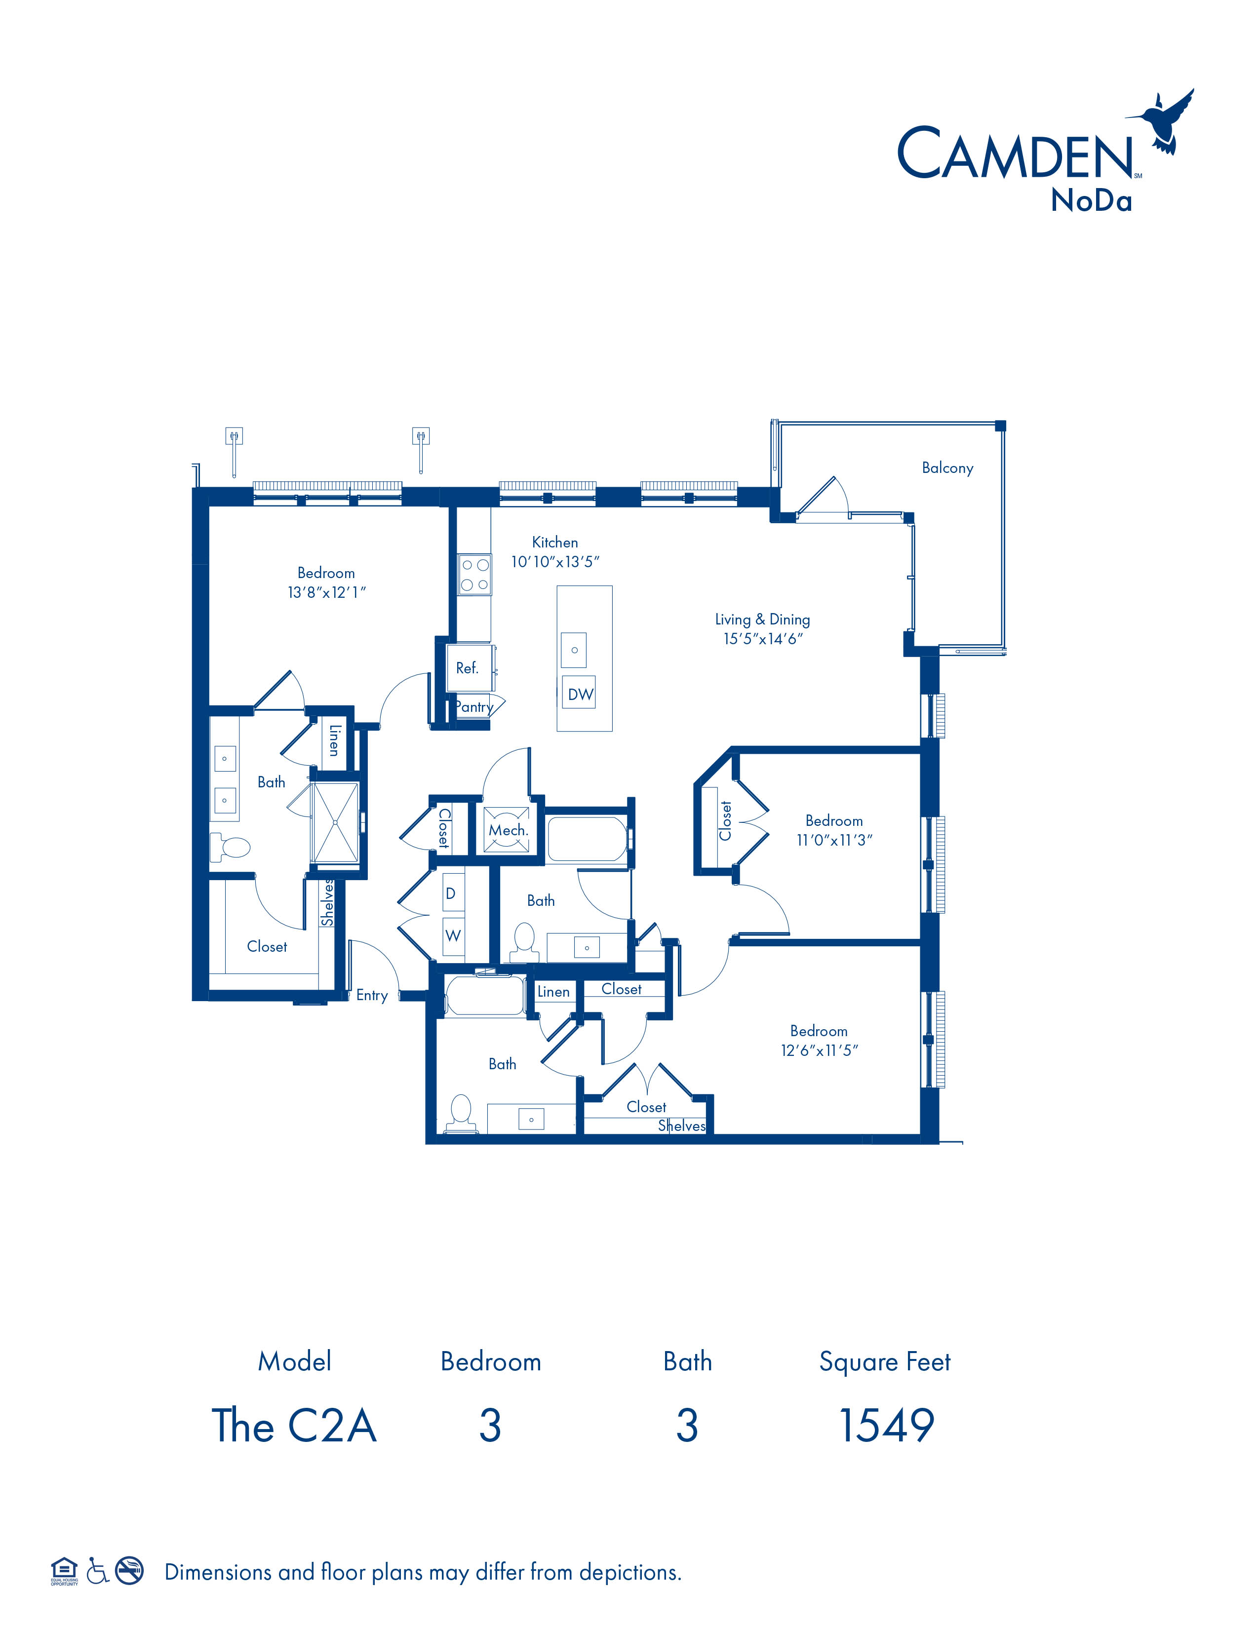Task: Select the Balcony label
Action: (947, 467)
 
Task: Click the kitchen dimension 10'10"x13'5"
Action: (555, 562)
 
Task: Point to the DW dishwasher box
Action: (580, 694)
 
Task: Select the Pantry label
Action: (474, 707)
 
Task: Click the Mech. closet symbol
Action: (507, 829)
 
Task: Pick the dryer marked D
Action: (450, 893)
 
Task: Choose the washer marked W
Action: (453, 936)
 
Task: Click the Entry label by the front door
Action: (371, 995)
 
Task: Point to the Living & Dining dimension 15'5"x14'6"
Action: (762, 638)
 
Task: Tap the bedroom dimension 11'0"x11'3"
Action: (834, 840)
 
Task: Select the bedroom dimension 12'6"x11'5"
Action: (819, 1050)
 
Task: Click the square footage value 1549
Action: (886, 1426)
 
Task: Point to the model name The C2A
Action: (295, 1426)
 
